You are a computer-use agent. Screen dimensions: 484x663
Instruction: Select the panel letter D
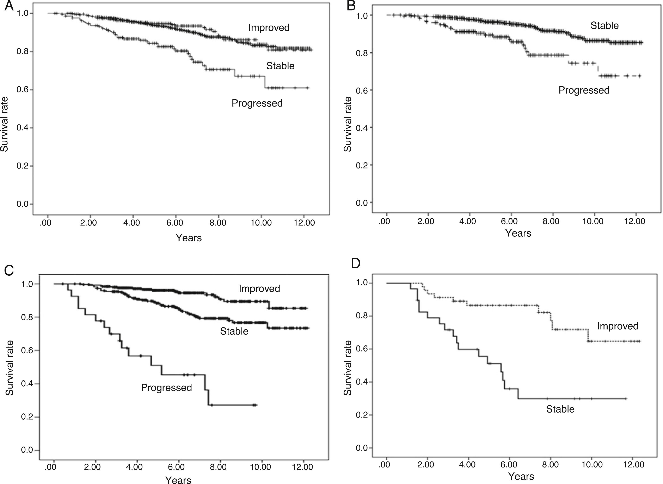pos(356,263)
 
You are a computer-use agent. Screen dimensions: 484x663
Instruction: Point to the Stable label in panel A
pos(280,66)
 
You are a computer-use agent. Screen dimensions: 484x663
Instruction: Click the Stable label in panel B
pos(604,26)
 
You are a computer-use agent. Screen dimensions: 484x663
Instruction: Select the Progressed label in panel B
pos(584,90)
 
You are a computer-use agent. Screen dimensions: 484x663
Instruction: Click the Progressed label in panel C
pos(166,388)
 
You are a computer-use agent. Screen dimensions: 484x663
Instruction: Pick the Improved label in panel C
pos(259,289)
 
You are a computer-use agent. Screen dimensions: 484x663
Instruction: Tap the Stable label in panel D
pos(560,409)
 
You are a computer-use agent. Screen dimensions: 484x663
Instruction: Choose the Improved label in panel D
pos(618,326)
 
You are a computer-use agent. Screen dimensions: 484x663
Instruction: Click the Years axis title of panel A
pos(189,238)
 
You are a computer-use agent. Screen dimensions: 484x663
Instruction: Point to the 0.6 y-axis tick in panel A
pos(23,90)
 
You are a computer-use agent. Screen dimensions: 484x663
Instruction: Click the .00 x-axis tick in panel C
pos(50,467)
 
